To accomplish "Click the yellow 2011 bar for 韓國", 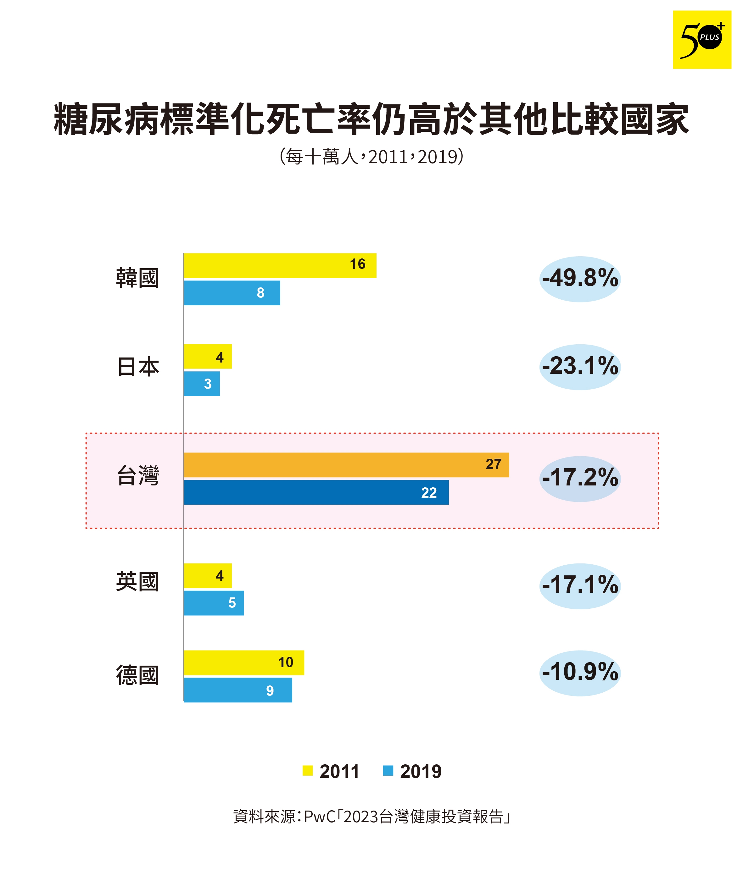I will coord(279,265).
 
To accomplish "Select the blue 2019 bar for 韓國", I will coord(232,293).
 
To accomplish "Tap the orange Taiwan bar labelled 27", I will coord(346,464).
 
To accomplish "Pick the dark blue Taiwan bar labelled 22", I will coord(316,492).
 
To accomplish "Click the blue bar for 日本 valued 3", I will coord(202,383).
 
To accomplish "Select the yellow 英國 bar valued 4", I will coord(208,575).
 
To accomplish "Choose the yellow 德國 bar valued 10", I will coord(243,662).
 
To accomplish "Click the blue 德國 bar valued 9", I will coord(238,690).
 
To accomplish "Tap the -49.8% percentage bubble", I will coord(580,279).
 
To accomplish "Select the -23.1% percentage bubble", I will coord(580,367).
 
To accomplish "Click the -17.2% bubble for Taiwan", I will coord(580,478).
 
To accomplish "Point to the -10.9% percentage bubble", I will coord(580,673).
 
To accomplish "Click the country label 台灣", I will coord(138,476).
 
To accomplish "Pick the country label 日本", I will coord(138,367).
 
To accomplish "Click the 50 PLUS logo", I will coord(701,40).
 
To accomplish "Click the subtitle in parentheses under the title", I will coord(371,157).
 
